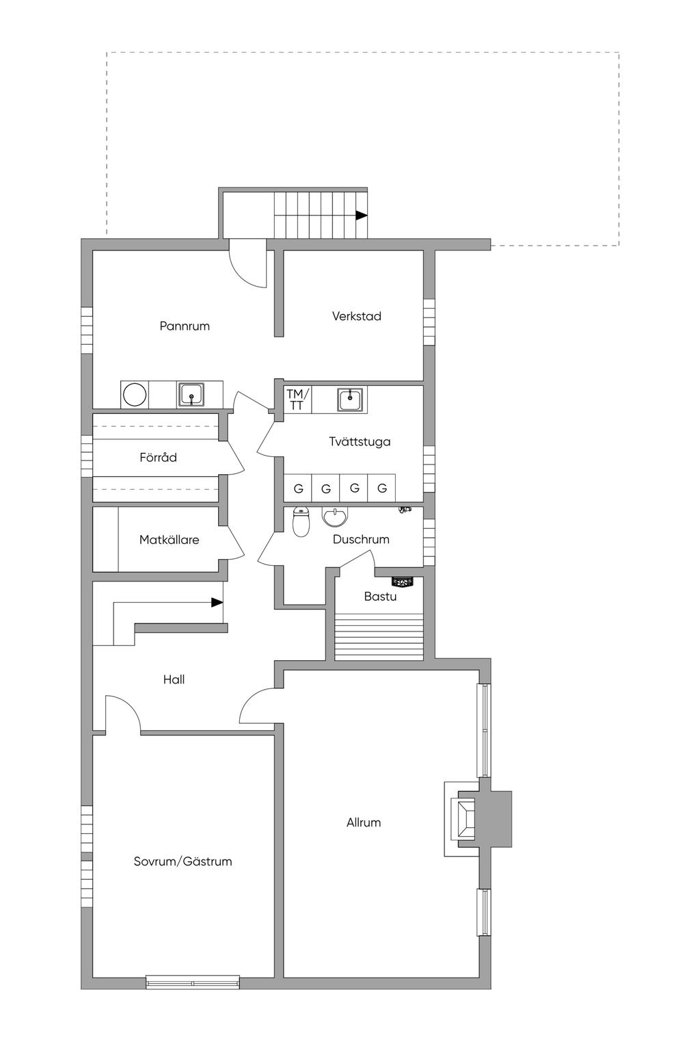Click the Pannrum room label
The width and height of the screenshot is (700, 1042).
pyautogui.click(x=185, y=326)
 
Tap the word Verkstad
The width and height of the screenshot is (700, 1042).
pyautogui.click(x=357, y=316)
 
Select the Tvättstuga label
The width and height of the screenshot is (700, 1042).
pyautogui.click(x=360, y=441)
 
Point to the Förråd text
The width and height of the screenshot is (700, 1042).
pyautogui.click(x=158, y=457)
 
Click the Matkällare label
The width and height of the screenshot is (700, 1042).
pyautogui.click(x=170, y=540)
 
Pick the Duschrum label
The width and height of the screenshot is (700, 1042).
pyautogui.click(x=361, y=539)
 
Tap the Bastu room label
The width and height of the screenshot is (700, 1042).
pyautogui.click(x=380, y=597)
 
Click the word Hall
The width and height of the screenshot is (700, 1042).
pyautogui.click(x=174, y=679)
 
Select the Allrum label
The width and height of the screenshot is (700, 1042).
pyautogui.click(x=364, y=822)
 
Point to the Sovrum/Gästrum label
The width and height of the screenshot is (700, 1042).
pyautogui.click(x=183, y=861)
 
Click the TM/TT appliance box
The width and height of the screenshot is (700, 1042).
pyautogui.click(x=297, y=400)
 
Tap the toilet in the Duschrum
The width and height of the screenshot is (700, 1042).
pyautogui.click(x=301, y=521)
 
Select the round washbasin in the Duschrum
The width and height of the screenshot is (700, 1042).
pyautogui.click(x=334, y=517)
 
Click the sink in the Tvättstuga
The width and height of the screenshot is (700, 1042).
pyautogui.click(x=351, y=400)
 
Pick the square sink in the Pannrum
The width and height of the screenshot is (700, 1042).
pyautogui.click(x=191, y=395)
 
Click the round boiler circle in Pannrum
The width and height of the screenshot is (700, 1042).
pyautogui.click(x=135, y=395)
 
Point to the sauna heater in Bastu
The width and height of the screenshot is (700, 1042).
pyautogui.click(x=402, y=582)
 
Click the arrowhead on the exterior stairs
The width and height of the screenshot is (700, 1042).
pyautogui.click(x=362, y=216)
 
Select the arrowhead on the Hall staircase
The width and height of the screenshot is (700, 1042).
pyautogui.click(x=217, y=602)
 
